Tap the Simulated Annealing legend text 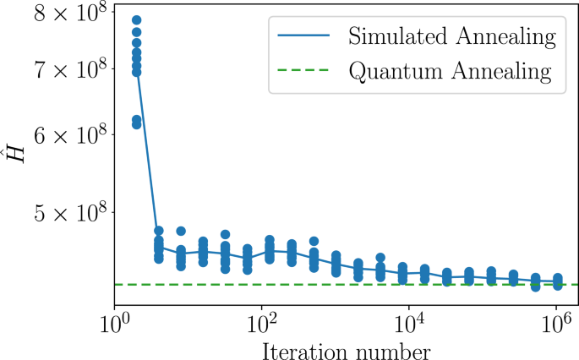(451, 37)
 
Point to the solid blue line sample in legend (298, 37)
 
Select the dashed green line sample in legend (298, 70)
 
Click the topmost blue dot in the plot (136, 19)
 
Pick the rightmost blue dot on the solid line (557, 281)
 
